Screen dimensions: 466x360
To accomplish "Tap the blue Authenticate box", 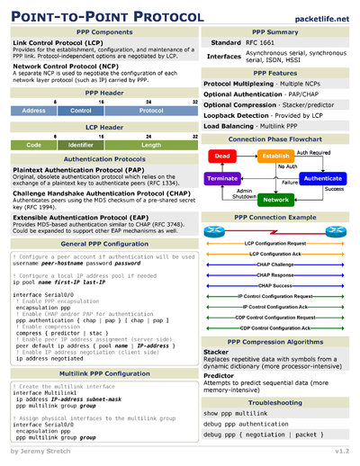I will point(322,178).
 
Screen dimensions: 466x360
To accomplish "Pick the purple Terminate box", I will point(222,178).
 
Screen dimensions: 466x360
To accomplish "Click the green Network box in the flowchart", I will point(274,200).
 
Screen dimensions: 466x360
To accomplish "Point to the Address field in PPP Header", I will point(33,110).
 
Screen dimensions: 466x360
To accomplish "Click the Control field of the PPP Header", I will point(80,110).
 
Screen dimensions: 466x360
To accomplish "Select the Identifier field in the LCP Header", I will point(80,144).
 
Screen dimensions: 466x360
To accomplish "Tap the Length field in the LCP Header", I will point(150,144).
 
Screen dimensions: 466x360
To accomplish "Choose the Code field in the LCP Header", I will point(33,144).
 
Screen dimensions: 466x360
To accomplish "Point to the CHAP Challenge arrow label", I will point(275,264).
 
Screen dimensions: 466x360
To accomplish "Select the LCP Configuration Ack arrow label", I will point(275,254).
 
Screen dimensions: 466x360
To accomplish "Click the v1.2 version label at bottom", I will point(342,450).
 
